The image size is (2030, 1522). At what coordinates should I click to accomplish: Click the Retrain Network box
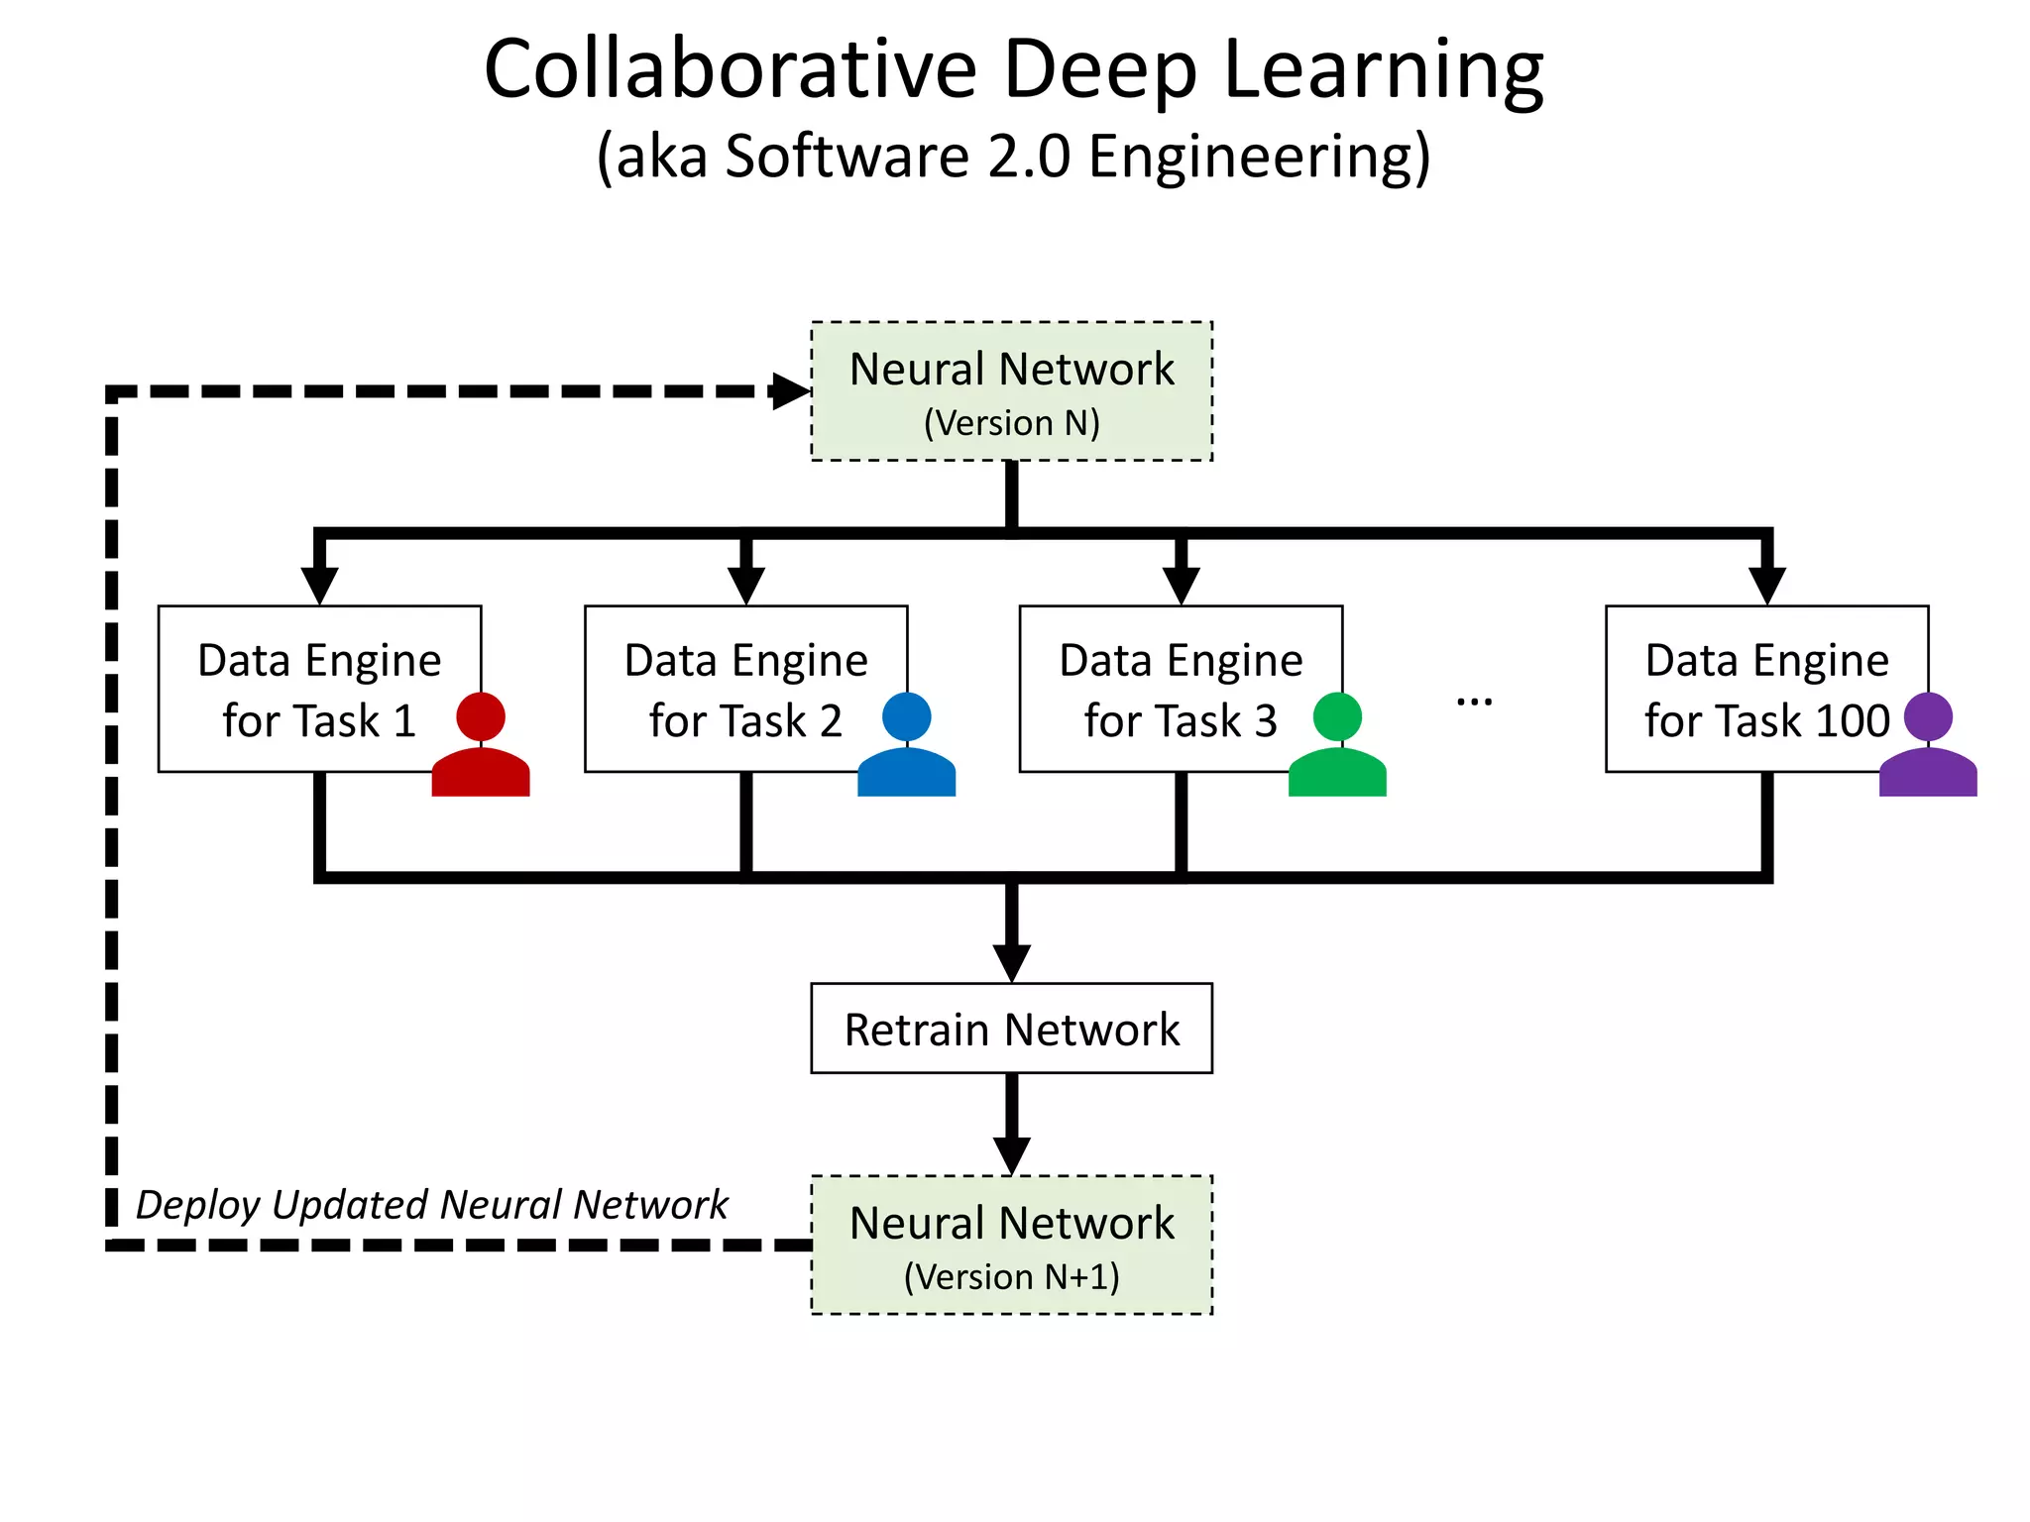(x=1011, y=1029)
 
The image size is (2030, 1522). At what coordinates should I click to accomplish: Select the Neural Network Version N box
(x=1011, y=391)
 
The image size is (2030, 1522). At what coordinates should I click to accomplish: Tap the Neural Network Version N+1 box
(x=1011, y=1246)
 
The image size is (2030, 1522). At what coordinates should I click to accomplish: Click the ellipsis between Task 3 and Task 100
(x=1474, y=702)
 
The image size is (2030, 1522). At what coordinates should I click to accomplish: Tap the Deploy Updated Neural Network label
(x=431, y=1205)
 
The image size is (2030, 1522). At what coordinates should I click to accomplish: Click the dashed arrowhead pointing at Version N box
(x=791, y=391)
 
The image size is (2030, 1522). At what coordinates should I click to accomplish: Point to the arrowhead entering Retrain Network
(x=1011, y=961)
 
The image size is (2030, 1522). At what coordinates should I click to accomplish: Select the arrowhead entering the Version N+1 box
(x=1011, y=1154)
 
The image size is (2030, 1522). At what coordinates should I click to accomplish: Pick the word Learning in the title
(x=1383, y=69)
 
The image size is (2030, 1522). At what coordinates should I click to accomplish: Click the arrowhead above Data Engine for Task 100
(x=1766, y=584)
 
